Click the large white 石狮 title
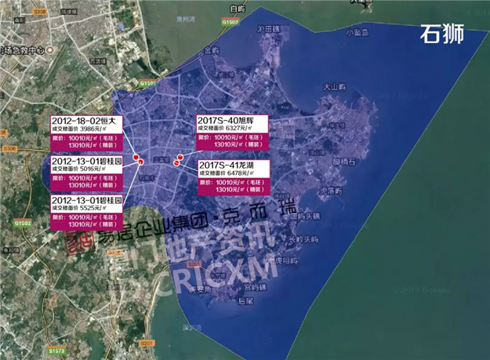point(442,34)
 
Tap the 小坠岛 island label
point(358,32)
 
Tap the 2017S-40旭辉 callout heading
point(232,120)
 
